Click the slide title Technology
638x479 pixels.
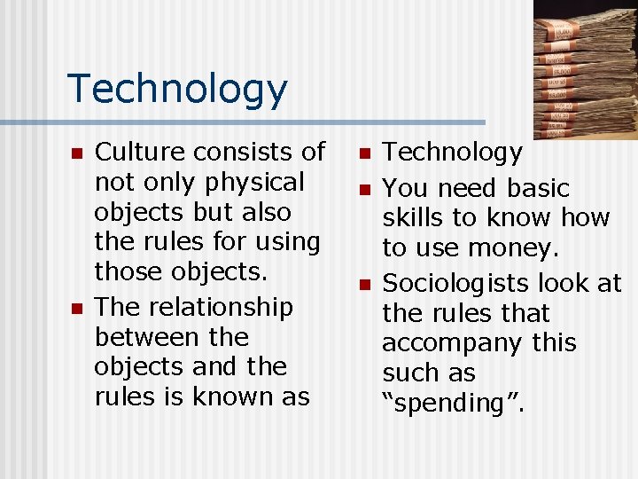click(177, 89)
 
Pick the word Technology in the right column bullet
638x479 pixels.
click(452, 153)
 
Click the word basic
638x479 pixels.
click(538, 188)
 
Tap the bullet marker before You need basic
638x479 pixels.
click(363, 189)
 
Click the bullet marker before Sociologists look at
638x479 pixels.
click(363, 284)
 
